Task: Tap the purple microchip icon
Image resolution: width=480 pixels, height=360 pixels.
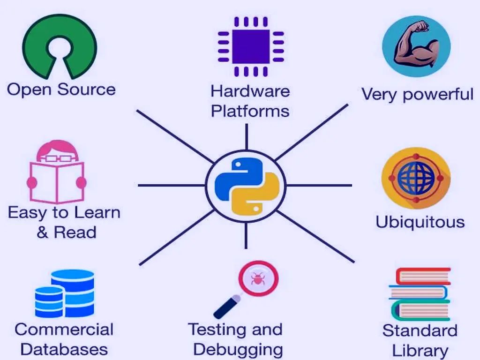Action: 251,46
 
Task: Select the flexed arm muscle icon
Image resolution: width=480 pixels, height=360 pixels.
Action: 416,46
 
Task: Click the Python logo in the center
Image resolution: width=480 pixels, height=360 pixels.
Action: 246,185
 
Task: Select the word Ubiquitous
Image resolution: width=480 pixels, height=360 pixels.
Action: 420,222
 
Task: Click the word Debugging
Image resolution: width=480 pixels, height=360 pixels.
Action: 238,350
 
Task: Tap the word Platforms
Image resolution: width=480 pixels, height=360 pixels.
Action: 250,112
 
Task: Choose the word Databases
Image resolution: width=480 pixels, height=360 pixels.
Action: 64,350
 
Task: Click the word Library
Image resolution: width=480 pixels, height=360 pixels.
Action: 420,351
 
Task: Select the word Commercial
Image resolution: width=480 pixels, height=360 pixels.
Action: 64,329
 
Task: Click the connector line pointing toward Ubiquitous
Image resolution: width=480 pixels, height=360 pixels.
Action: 319,185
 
